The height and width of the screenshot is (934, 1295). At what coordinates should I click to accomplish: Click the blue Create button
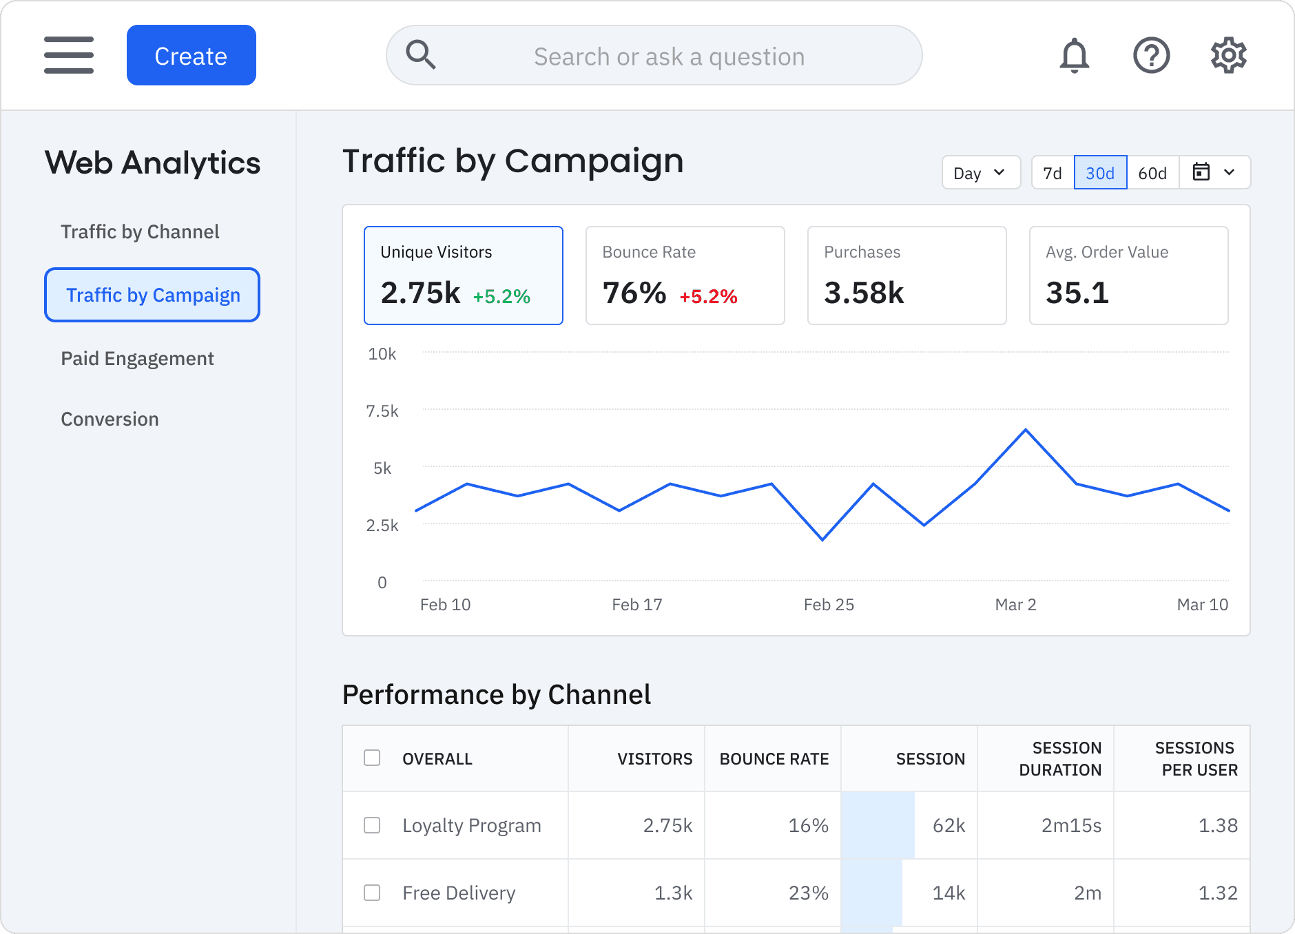point(191,55)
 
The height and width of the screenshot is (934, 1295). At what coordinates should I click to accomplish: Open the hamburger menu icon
point(69,55)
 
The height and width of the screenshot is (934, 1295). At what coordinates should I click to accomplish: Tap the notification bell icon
point(1074,55)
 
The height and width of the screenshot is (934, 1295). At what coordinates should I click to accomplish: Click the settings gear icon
point(1228,55)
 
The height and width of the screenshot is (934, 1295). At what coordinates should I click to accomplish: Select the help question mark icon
point(1151,55)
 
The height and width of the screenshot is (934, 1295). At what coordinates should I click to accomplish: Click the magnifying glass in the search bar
point(421,55)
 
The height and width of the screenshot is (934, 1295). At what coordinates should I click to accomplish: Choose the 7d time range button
point(1052,173)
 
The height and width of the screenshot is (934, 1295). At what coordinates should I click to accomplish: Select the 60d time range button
point(1152,173)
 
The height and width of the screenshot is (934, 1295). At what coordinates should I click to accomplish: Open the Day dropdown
point(980,173)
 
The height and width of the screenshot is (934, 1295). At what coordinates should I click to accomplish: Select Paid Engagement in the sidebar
point(137,358)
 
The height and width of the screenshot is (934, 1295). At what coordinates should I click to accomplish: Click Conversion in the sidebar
point(110,419)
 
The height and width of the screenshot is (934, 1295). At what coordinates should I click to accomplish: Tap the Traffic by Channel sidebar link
point(140,231)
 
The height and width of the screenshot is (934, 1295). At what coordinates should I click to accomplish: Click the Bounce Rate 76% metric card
point(685,276)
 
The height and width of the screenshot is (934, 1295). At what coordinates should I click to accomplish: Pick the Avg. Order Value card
point(1128,276)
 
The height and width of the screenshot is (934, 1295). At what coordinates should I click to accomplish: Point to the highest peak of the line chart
point(1025,430)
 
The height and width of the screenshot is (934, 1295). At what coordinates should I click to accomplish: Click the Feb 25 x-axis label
point(828,604)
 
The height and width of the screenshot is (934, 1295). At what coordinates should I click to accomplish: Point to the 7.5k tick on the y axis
point(382,411)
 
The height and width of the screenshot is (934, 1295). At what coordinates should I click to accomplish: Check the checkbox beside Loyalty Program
point(372,825)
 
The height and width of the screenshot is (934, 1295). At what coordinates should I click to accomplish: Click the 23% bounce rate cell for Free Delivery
point(807,893)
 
